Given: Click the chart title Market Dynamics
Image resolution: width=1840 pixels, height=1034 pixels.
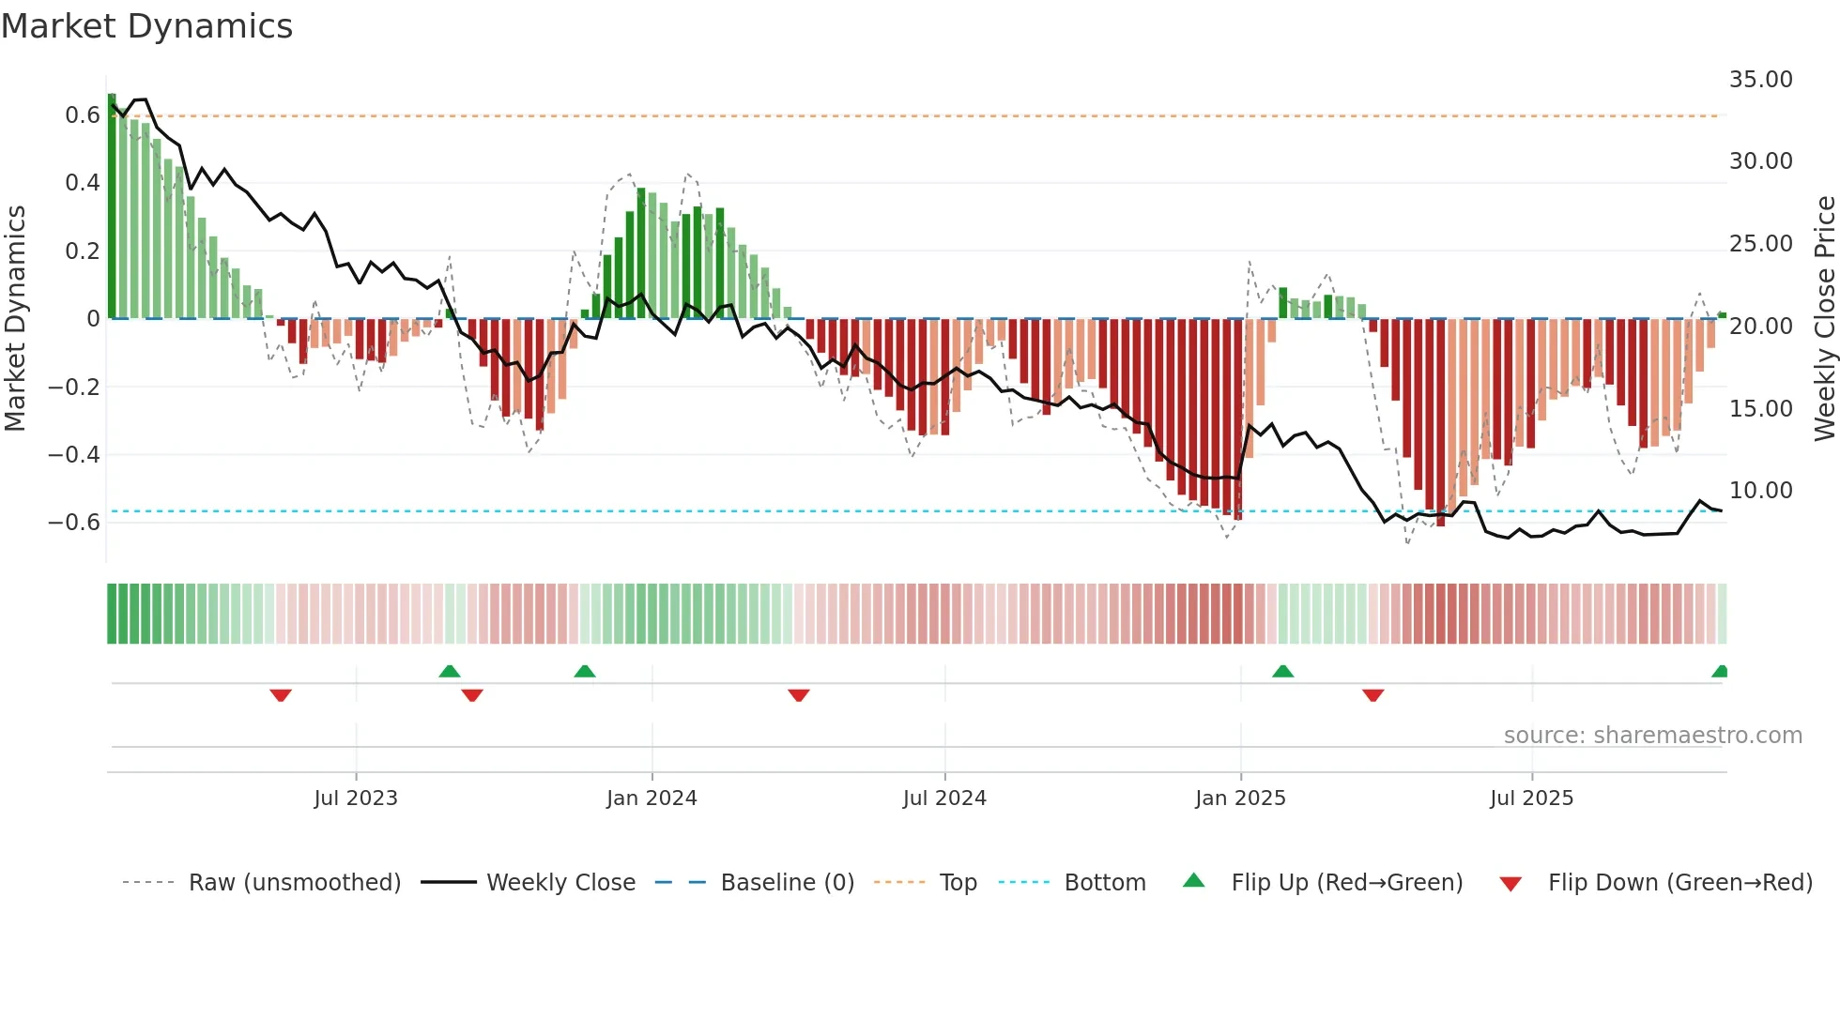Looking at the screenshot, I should pos(146,26).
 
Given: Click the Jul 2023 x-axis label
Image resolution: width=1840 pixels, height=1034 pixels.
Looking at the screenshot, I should pos(356,798).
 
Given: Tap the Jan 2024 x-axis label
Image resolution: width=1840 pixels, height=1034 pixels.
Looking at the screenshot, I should pos(652,798).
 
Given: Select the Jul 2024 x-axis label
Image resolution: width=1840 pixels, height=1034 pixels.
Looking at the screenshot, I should pos(944,798).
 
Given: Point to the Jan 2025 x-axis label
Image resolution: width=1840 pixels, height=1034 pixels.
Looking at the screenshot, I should pos(1240,798).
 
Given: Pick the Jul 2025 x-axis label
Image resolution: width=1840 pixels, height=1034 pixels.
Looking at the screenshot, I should pos(1531,798).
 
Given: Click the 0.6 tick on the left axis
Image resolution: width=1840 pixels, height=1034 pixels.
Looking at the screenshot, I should pos(83,115).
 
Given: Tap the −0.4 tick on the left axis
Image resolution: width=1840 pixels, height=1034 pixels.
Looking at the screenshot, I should pos(74,455).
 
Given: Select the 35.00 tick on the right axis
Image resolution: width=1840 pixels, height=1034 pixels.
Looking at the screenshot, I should pos(1760,80).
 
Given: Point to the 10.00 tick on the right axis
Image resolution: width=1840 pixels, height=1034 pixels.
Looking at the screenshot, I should pos(1760,491).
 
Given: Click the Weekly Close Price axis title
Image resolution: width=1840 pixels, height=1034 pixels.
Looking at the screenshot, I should pos(1824,319).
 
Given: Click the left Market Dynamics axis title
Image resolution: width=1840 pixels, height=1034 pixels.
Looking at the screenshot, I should pos(15,319).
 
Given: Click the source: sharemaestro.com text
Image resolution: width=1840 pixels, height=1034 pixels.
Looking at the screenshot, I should pos(1652,736).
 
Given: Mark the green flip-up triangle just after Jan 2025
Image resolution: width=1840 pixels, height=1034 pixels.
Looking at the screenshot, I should pos(1282,672).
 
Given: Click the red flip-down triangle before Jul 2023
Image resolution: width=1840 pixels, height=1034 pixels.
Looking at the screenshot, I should pos(281,694).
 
